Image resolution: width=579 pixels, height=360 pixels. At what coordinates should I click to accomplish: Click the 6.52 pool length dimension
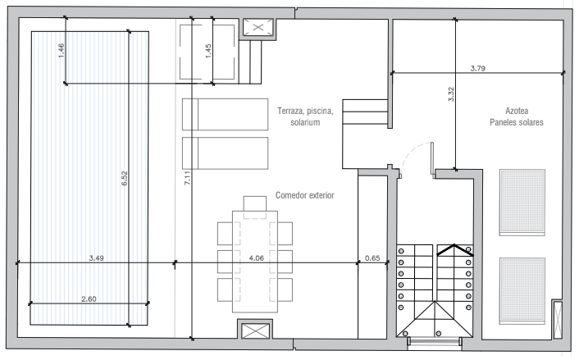(125, 178)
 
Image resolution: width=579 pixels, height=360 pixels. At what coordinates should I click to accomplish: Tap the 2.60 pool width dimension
(89, 299)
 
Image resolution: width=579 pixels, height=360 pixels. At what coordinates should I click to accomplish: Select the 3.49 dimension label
(97, 258)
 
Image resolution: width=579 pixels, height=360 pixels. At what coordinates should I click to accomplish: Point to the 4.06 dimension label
(256, 258)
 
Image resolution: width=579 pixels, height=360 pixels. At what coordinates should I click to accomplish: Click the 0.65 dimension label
(372, 258)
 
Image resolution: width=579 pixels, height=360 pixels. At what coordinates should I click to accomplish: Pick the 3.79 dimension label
(478, 68)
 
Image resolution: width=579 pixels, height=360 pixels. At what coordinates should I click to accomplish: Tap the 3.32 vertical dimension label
(451, 94)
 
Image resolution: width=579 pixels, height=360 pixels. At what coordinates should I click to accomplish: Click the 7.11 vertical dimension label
(187, 178)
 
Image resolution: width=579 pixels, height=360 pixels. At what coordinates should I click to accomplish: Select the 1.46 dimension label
(62, 50)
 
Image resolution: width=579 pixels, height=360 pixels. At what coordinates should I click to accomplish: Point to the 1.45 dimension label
(208, 51)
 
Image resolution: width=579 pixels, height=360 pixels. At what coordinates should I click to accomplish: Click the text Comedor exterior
(304, 195)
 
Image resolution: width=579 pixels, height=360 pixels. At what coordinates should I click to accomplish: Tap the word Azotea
(517, 111)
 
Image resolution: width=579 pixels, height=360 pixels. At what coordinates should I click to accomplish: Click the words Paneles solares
(517, 122)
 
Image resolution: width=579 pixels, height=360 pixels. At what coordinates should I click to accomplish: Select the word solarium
(305, 122)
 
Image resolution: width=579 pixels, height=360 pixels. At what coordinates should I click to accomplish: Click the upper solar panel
(522, 203)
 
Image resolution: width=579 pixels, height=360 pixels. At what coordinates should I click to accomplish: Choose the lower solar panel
(522, 291)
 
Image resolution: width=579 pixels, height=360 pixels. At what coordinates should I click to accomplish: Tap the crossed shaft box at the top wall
(258, 27)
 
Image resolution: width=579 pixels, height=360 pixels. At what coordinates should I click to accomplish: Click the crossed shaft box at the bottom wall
(255, 330)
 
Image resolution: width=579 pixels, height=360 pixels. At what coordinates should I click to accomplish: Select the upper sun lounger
(225, 114)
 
